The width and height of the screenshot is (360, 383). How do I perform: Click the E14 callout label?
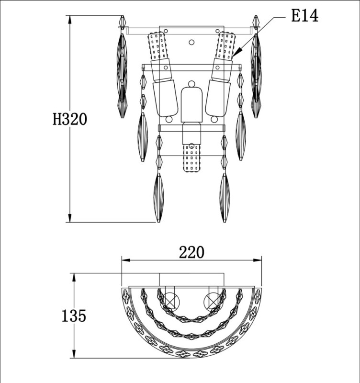304,16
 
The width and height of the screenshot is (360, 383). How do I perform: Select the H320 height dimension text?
70,119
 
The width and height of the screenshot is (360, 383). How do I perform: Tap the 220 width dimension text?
191,252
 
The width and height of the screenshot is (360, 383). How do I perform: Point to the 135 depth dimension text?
74,315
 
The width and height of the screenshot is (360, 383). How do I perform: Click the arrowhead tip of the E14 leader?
232,57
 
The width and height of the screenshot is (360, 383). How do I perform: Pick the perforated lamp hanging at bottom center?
191,158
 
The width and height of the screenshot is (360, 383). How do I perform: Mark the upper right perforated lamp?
225,46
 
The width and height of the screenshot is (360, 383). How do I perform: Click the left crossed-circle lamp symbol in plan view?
171,301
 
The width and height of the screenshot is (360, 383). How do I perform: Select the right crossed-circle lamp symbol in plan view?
212,301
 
